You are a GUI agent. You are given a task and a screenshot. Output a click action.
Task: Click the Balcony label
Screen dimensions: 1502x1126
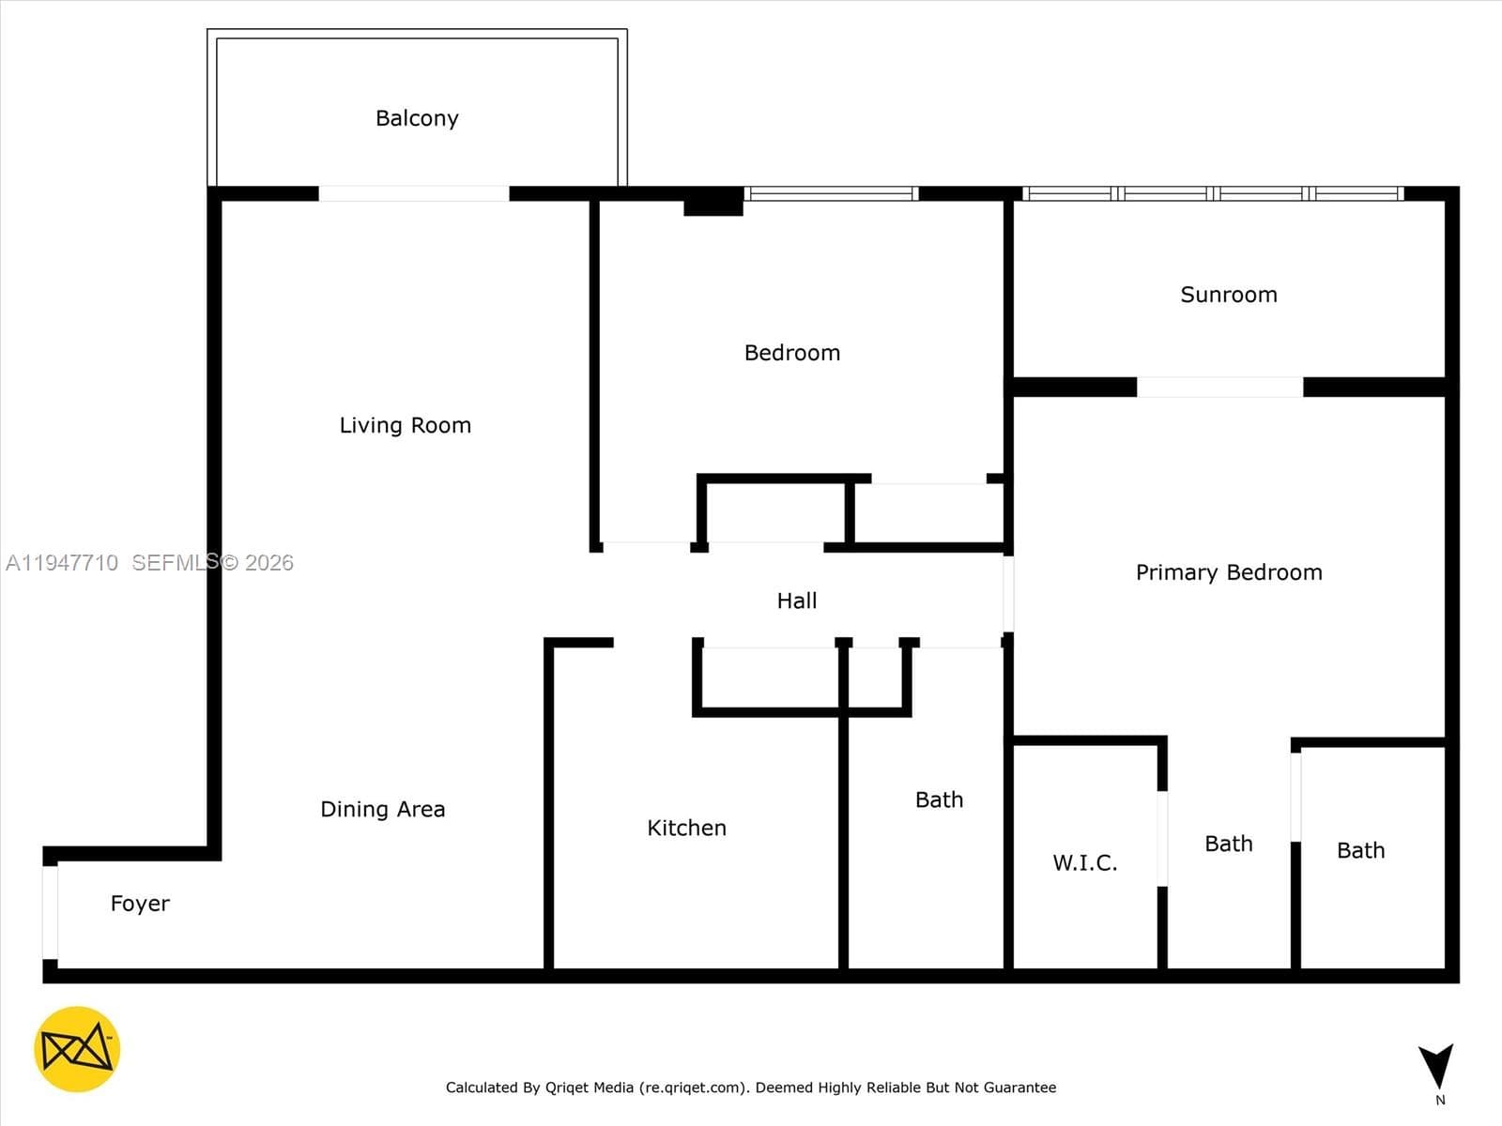[x=417, y=118]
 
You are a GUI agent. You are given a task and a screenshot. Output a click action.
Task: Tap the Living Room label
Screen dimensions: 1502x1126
[x=406, y=425]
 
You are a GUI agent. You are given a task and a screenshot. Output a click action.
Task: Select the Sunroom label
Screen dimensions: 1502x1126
[x=1228, y=295]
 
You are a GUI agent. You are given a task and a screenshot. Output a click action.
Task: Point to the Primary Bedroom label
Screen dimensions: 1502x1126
[x=1229, y=572]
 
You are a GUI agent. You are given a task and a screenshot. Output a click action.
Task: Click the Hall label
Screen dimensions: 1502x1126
[x=796, y=601]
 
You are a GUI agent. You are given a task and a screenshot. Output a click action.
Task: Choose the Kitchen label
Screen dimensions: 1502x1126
[x=686, y=828]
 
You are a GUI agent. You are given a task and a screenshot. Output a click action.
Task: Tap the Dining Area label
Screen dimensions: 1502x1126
[x=382, y=810]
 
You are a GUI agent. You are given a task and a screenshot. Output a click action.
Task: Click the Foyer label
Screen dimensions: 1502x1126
[x=140, y=904]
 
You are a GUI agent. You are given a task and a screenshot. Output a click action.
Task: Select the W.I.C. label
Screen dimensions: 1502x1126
[x=1084, y=862]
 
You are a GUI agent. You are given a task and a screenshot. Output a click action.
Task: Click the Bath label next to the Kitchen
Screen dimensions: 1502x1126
[x=939, y=799]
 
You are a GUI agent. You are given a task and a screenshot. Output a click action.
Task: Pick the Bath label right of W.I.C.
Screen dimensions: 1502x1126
[x=1228, y=844]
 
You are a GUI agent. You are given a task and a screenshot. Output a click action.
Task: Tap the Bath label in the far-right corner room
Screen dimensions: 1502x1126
[x=1360, y=850]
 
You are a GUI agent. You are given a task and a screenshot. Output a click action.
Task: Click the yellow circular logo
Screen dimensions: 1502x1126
[x=77, y=1049]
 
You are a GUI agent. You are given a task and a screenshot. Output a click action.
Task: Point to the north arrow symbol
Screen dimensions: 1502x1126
[x=1435, y=1066]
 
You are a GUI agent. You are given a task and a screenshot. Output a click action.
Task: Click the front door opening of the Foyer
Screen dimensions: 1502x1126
[x=50, y=913]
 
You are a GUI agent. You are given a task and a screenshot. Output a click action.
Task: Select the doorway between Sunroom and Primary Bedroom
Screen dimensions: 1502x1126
[x=1220, y=387]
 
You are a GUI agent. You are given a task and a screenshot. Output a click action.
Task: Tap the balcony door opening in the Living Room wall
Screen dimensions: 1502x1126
[x=414, y=193]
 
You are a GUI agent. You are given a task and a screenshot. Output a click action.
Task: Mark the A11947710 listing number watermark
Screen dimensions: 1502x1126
[x=62, y=563]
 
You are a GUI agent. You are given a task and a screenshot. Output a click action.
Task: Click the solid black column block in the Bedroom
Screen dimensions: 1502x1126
[x=713, y=202]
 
